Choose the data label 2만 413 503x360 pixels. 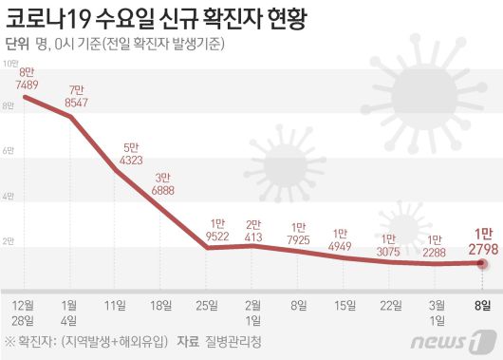click(254, 231)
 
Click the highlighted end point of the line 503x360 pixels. click(483, 263)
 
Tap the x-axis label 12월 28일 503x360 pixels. click(24, 312)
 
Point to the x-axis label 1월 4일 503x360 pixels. click(69, 312)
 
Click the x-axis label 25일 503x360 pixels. click(207, 305)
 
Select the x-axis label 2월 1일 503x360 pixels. click(253, 312)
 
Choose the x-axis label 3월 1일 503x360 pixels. click(437, 312)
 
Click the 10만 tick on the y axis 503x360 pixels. click(10, 63)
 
